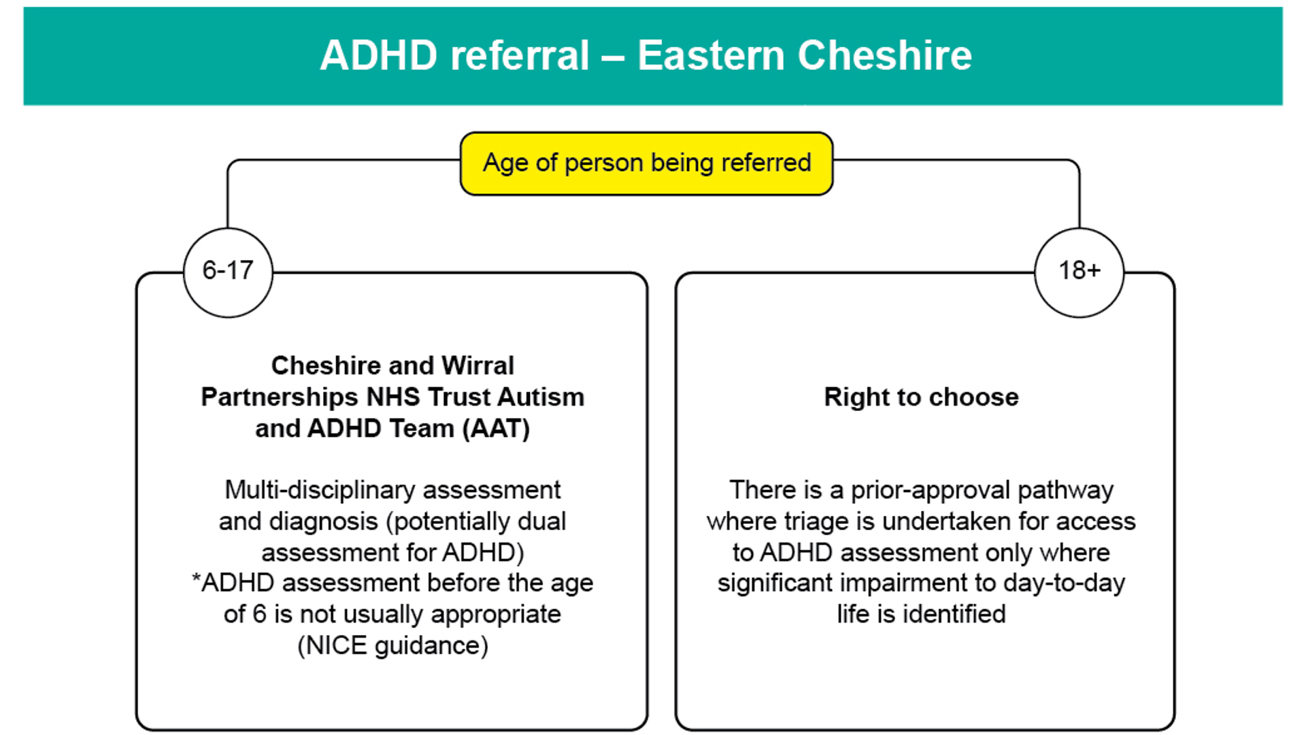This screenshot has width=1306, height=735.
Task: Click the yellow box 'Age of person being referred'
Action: tap(646, 163)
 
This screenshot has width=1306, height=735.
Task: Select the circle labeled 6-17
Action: tap(228, 272)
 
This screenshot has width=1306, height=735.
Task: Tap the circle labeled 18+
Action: tap(1079, 272)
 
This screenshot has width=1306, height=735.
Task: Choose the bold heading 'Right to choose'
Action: tap(921, 397)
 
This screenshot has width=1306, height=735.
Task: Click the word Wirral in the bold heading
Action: tap(478, 365)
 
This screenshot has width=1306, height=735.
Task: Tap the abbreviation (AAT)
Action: tap(496, 429)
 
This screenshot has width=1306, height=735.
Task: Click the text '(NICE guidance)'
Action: tap(393, 645)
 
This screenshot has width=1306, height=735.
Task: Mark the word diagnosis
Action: tap(333, 522)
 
